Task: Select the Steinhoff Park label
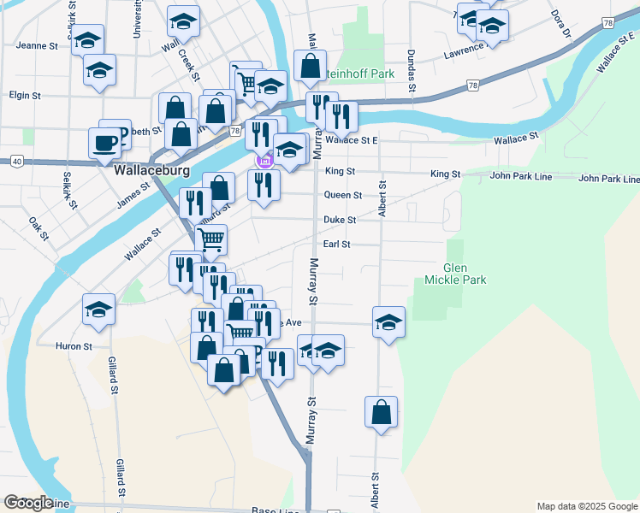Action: pyautogui.click(x=364, y=74)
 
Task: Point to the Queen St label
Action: pyautogui.click(x=342, y=195)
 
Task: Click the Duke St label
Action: pyautogui.click(x=340, y=220)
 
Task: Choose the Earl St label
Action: pyautogui.click(x=337, y=245)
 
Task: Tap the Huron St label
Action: pyautogui.click(x=74, y=346)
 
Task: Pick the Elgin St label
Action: pyautogui.click(x=24, y=96)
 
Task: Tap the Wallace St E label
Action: pyautogui.click(x=352, y=139)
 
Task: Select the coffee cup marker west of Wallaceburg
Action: pyautogui.click(x=105, y=144)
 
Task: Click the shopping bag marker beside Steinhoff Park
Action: pyautogui.click(x=310, y=65)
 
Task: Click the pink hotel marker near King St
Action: pyautogui.click(x=265, y=160)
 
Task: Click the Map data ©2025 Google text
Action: pyautogui.click(x=586, y=506)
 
